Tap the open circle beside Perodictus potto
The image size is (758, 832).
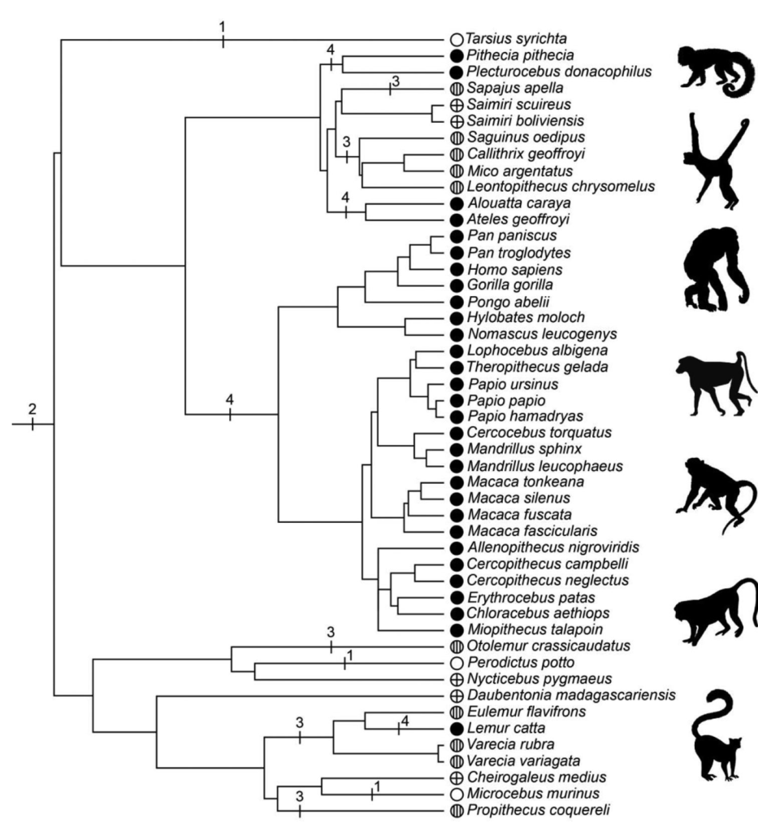point(457,663)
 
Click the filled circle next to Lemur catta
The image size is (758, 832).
point(457,728)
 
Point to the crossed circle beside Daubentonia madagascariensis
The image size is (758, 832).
point(457,695)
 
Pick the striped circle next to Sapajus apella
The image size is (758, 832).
point(457,88)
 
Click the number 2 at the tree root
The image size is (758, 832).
point(32,407)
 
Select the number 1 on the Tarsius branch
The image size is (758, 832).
point(222,26)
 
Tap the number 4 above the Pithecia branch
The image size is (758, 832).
point(331,50)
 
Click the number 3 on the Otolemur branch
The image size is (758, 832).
point(331,632)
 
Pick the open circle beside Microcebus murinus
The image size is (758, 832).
point(457,793)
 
